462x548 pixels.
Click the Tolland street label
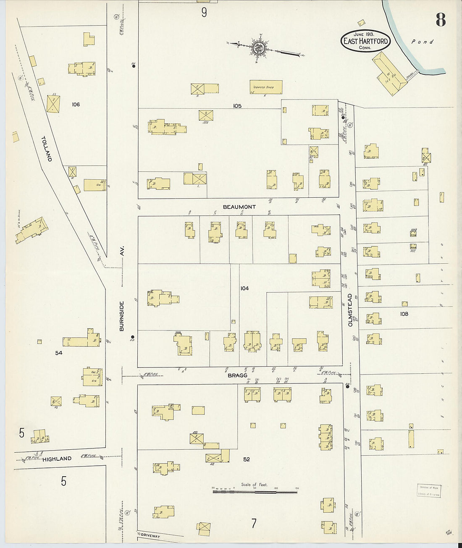pos(47,149)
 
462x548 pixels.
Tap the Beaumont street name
pos(239,207)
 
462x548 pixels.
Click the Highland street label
pos(57,459)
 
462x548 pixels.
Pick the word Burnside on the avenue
pos(122,316)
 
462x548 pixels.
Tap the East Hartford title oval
pos(365,41)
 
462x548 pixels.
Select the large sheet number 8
pos(440,20)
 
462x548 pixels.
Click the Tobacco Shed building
pos(266,87)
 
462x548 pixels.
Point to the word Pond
pos(422,42)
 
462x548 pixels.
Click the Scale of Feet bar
pos(255,491)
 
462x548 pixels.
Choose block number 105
pos(237,106)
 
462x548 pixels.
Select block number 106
pos(76,104)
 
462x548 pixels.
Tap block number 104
pos(244,288)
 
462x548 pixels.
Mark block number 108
pos(404,314)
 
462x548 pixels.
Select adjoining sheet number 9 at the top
pos(204,13)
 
